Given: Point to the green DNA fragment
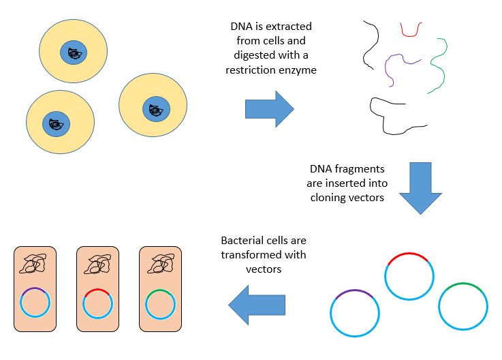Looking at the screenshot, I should (437, 65).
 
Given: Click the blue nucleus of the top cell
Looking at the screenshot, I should (73, 52).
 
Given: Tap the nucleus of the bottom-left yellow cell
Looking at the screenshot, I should (56, 124).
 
